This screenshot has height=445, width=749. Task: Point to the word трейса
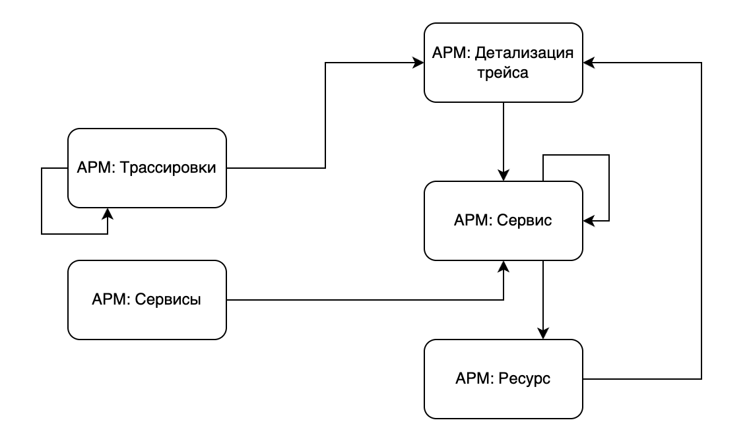(503, 73)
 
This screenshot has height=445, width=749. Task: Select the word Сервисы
(168, 300)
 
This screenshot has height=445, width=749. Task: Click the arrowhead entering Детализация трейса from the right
(588, 63)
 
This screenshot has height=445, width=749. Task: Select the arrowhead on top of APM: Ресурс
(542, 334)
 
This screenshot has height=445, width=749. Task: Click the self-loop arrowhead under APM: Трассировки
(108, 213)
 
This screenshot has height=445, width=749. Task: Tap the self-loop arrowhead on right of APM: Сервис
(588, 221)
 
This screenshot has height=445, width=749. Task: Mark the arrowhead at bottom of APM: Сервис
(504, 265)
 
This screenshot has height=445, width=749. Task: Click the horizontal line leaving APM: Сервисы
(363, 300)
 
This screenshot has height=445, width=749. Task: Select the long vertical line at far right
(701, 221)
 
